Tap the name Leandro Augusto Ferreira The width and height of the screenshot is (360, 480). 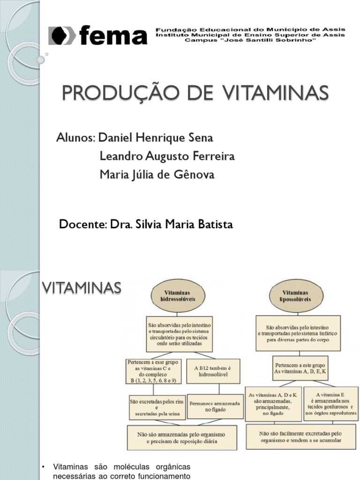point(167,156)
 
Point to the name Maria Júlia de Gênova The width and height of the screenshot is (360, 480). point(157,174)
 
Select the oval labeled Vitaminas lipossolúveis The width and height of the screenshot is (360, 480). point(298,296)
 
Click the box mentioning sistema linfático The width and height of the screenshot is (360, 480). point(298,333)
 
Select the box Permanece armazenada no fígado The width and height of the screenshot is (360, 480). point(215,406)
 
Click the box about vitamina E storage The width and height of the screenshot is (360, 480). point(331,404)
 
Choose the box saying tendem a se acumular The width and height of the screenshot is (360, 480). point(300,437)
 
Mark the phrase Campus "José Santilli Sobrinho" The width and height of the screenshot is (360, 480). point(251,41)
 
